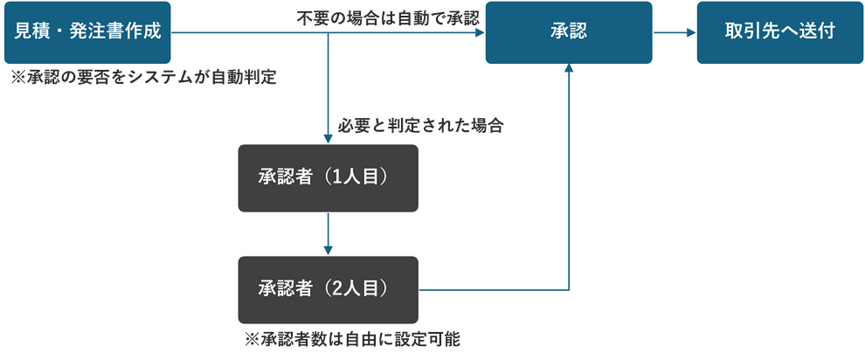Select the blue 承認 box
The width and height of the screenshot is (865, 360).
pyautogui.click(x=569, y=33)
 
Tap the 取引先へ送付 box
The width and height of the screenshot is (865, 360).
pyautogui.click(x=779, y=33)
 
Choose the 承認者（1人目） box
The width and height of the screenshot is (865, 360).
pyautogui.click(x=328, y=177)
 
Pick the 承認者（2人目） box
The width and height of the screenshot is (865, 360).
pyautogui.click(x=328, y=288)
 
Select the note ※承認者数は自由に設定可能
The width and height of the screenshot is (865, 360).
pyautogui.click(x=353, y=337)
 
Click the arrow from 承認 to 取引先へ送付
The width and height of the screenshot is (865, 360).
pyautogui.click(x=675, y=33)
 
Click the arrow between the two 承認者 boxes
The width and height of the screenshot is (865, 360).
pyautogui.click(x=328, y=233)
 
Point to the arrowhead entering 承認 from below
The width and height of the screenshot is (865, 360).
pyautogui.click(x=570, y=70)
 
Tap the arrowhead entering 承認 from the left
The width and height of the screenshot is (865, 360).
pyautogui.click(x=478, y=33)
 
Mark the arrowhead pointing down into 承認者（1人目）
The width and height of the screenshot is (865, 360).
pyautogui.click(x=328, y=137)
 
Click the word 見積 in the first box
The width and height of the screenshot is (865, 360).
pyautogui.click(x=32, y=33)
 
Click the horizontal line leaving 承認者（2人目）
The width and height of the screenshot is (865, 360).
pyautogui.click(x=494, y=288)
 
